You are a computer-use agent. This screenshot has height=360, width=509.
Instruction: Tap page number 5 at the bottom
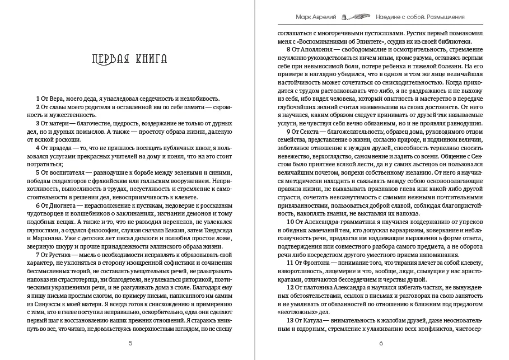[x=130, y=343]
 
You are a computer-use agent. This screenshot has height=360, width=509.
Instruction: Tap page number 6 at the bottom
[x=381, y=343]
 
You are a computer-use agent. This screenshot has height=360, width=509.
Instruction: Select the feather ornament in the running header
[x=354, y=18]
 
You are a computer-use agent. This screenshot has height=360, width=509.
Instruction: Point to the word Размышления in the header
[x=439, y=18]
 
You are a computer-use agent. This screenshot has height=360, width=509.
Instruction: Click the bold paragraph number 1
[x=37, y=99]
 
